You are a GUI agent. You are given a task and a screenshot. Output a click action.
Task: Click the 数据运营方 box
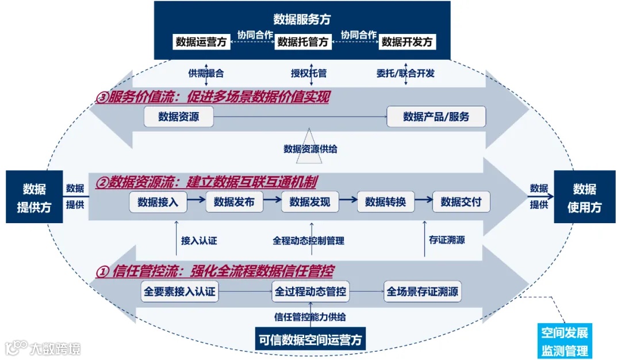[x=202, y=41]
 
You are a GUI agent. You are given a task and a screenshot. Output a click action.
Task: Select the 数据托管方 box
[x=303, y=41]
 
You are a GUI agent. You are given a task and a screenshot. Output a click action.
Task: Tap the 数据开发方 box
[x=407, y=41]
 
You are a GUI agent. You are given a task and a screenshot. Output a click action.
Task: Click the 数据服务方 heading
[x=302, y=19]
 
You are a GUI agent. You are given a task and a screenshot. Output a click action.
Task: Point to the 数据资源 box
[x=179, y=117]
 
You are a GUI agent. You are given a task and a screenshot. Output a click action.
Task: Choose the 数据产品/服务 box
[x=436, y=117]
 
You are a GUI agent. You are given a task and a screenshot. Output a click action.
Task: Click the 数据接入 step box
[x=158, y=202]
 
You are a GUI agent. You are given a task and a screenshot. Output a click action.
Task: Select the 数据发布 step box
[x=234, y=202]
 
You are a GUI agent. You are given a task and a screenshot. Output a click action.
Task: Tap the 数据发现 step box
[x=310, y=202]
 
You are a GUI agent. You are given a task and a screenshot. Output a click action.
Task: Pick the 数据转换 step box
[x=385, y=202]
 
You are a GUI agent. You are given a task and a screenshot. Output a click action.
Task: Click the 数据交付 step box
[x=461, y=202]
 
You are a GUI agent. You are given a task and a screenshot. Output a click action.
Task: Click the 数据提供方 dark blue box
[x=34, y=197]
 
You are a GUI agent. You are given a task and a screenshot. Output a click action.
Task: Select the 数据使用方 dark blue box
[x=584, y=197]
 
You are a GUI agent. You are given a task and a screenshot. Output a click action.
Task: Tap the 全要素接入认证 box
[x=179, y=292]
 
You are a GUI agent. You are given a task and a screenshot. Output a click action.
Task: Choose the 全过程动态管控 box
[x=310, y=292]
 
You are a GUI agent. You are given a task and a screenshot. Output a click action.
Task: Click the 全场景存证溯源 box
[x=423, y=292]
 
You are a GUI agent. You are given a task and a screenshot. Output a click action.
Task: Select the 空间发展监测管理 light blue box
[x=564, y=342]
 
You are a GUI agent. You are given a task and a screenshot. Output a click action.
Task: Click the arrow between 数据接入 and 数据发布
[x=196, y=200]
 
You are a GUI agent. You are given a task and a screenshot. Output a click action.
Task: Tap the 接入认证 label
[x=199, y=241]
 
